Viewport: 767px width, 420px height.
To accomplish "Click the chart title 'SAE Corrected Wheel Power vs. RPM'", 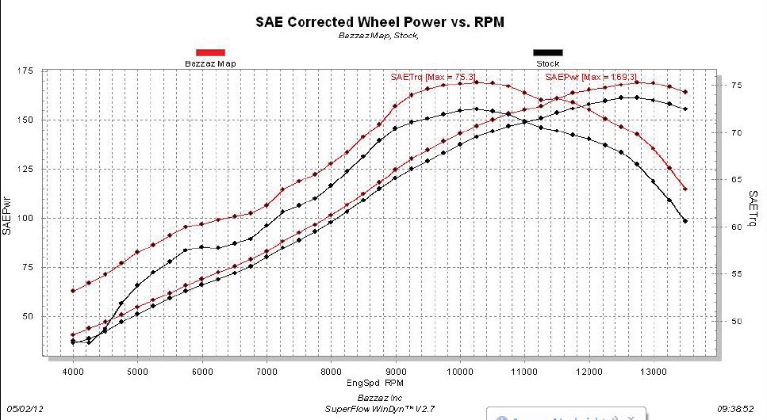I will point(379,22).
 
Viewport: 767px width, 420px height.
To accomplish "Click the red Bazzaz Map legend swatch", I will point(210,53).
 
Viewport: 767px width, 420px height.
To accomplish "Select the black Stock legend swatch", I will point(547,53).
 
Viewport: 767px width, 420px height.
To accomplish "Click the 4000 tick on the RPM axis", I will point(73,371).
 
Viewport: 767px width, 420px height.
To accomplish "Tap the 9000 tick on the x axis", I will point(395,371).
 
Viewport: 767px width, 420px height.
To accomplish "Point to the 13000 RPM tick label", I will point(653,371).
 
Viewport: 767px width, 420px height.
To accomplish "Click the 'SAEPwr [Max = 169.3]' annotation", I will point(592,77).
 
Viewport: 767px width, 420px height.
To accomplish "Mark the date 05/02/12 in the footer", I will point(21,409).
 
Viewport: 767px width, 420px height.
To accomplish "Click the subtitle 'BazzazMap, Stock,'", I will point(378,36).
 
